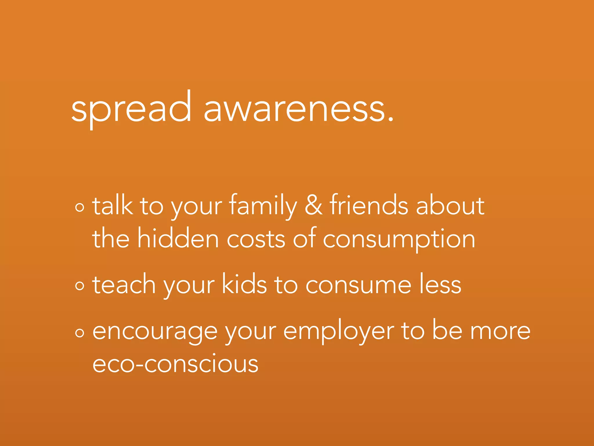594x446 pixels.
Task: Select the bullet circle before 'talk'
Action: coord(79,207)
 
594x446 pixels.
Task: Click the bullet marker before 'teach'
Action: coord(79,286)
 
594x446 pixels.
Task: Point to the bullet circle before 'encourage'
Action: coord(79,333)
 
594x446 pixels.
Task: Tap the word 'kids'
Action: coord(244,284)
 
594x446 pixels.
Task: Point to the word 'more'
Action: coord(500,331)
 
